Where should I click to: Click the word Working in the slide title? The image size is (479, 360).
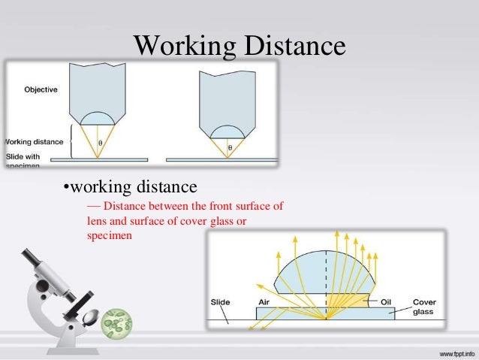[x=183, y=46]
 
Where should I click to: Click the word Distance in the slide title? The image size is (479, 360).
[x=294, y=46]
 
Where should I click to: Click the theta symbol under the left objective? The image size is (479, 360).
[x=101, y=141]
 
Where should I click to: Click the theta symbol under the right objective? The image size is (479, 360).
[x=230, y=148]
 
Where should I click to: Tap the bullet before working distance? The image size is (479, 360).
[x=65, y=186]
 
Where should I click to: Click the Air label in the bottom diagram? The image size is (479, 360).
[x=263, y=302]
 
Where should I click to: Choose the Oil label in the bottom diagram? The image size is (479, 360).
[x=387, y=302]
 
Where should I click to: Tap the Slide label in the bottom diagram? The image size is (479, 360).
[x=219, y=302]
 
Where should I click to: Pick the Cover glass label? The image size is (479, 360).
[x=424, y=307]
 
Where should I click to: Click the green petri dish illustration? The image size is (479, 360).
[x=116, y=323]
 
